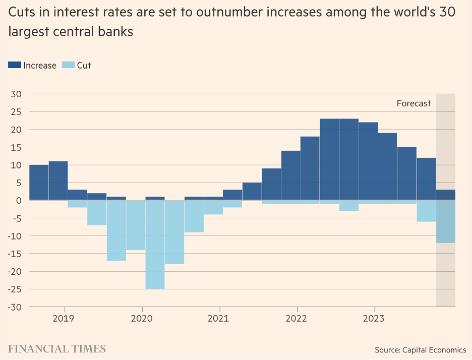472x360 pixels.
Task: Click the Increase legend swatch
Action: tap(15, 65)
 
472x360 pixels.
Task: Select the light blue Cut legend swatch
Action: tap(68, 65)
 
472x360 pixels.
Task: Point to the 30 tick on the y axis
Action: tap(16, 94)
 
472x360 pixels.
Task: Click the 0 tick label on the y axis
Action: tap(19, 201)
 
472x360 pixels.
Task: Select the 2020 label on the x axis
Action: tap(142, 319)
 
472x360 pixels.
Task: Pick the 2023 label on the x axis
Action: tap(374, 319)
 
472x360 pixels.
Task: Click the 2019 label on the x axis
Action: tap(64, 319)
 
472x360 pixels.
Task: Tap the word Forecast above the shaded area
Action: tap(414, 103)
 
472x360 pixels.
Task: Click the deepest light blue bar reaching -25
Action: tap(155, 245)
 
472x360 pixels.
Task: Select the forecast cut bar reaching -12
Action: tap(446, 222)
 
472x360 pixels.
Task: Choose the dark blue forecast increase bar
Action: tap(446, 195)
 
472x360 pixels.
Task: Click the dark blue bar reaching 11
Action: tap(58, 181)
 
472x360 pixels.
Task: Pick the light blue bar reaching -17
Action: tap(116, 230)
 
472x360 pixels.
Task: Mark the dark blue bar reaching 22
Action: tap(368, 161)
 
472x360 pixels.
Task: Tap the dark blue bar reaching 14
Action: tap(290, 175)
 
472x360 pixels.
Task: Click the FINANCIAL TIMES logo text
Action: tap(57, 349)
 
